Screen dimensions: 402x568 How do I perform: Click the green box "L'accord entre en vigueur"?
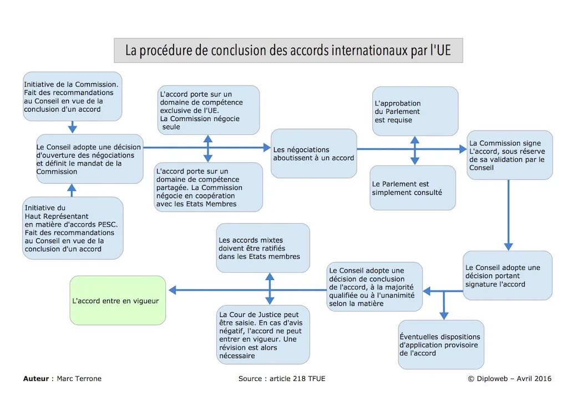[118, 300]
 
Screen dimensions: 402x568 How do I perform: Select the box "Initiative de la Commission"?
[72, 96]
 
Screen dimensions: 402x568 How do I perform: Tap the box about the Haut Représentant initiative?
[73, 228]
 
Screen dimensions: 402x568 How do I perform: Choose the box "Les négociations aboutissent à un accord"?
[313, 154]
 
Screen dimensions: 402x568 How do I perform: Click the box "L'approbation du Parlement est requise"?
[415, 111]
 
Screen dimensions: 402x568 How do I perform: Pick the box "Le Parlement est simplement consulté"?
[413, 188]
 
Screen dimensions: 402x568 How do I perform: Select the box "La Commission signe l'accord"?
[509, 155]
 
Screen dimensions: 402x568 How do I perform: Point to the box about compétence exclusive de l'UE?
[209, 110]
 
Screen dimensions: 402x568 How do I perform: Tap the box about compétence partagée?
[208, 187]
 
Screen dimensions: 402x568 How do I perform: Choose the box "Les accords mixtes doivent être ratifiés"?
[262, 248]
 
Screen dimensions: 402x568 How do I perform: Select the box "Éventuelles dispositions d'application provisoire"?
[440, 344]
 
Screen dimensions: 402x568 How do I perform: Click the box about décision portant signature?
[507, 275]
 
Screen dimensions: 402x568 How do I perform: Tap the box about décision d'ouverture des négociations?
[89, 159]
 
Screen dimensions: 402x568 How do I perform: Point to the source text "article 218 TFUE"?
[297, 379]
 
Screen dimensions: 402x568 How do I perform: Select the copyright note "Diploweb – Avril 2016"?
[514, 379]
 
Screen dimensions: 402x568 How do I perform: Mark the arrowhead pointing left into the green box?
[172, 290]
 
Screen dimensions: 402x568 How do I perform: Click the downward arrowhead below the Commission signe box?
[508, 247]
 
